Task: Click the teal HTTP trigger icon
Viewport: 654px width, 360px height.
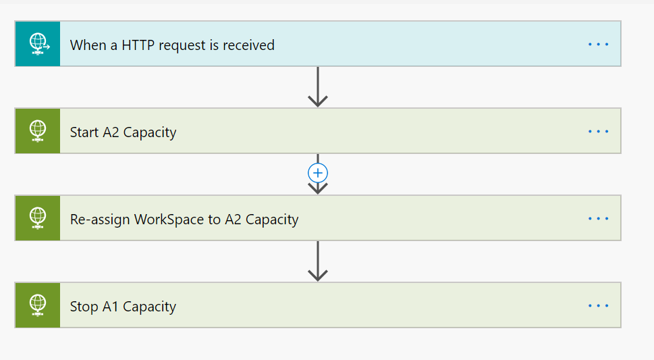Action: (x=38, y=44)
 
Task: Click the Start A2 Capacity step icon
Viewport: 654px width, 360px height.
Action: (x=38, y=131)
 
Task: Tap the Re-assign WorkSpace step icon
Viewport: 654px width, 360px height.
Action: (x=38, y=218)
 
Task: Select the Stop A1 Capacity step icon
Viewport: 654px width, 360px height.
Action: (x=38, y=305)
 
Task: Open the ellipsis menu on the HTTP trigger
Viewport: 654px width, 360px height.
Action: (x=598, y=45)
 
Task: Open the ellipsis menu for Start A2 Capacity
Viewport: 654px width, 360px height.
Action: (x=598, y=132)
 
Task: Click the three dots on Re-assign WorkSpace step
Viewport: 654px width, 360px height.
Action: (x=598, y=219)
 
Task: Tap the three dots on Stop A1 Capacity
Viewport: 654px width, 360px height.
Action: (x=598, y=306)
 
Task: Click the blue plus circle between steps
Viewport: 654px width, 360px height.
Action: (x=318, y=173)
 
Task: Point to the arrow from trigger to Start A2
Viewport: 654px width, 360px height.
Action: (x=318, y=88)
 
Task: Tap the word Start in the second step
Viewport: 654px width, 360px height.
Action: (x=84, y=132)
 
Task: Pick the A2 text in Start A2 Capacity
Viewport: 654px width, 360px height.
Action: (x=111, y=132)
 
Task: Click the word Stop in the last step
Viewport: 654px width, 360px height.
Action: (x=84, y=307)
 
